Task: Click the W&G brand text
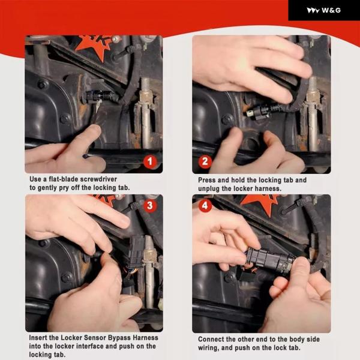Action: (331, 10)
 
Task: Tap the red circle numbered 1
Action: (150, 161)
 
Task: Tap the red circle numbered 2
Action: (205, 161)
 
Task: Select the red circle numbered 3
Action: (149, 205)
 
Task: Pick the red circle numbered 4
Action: (205, 205)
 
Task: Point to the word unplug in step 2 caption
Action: (208, 189)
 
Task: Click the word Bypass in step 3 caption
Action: (118, 338)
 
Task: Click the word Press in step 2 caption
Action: (207, 180)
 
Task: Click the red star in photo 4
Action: (260, 203)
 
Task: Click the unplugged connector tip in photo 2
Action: (250, 113)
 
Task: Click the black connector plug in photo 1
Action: (101, 96)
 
